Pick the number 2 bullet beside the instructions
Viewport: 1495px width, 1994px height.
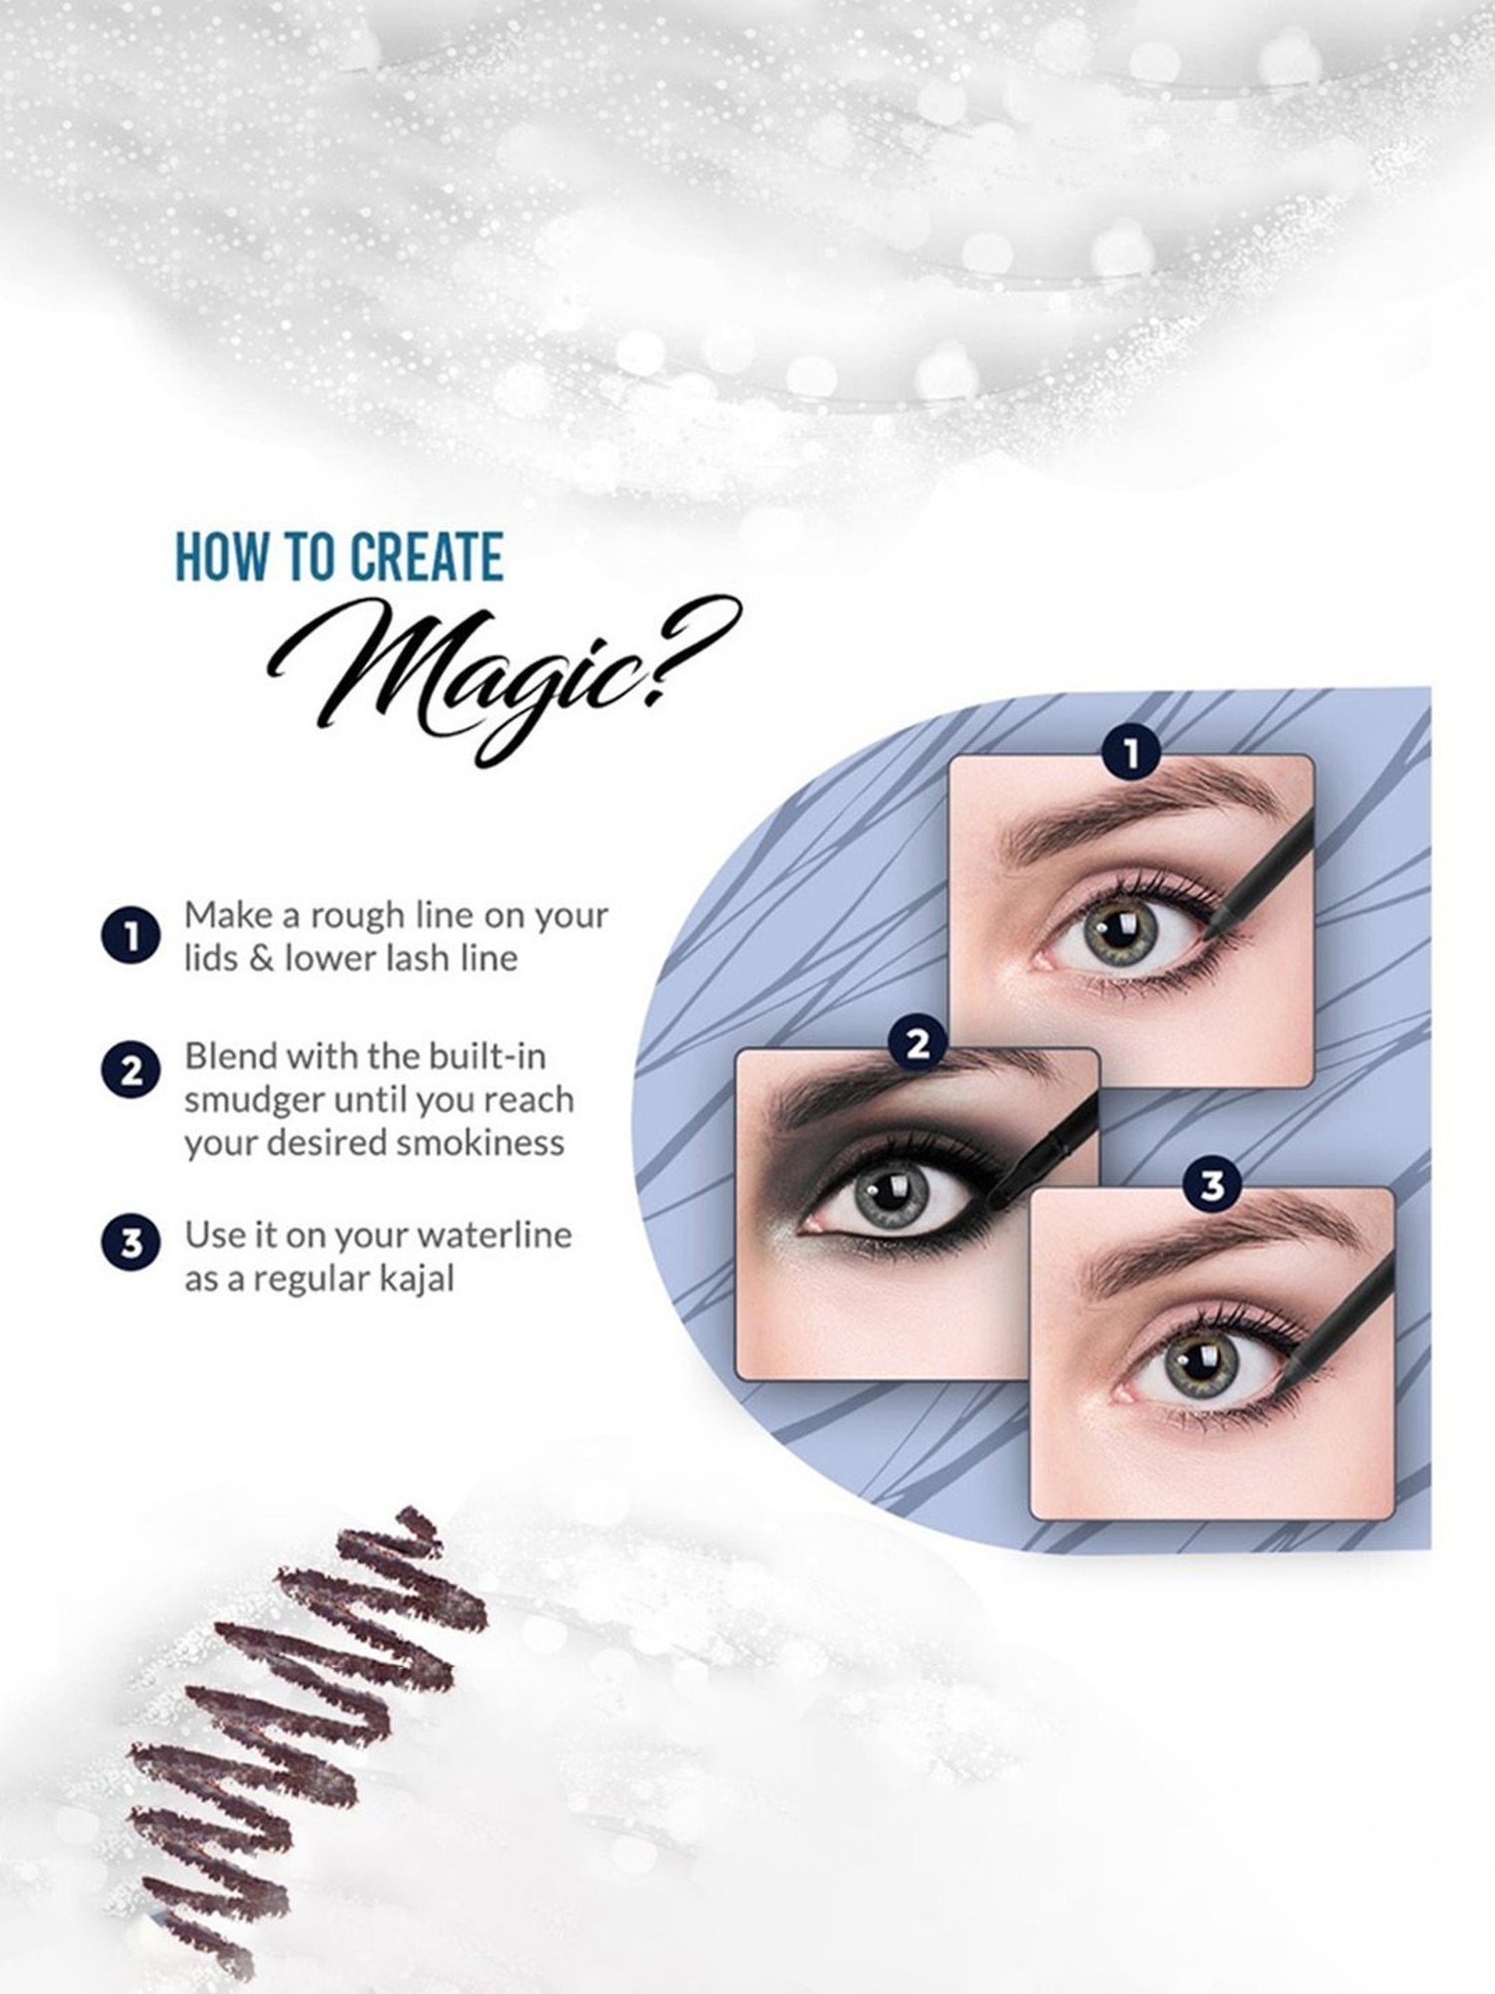(x=131, y=1073)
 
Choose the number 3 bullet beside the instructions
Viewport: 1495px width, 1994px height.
(x=131, y=1244)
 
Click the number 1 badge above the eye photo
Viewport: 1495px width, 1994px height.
(x=1130, y=754)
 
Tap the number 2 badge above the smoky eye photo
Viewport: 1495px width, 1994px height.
(x=918, y=1044)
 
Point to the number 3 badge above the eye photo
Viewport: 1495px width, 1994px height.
(x=1212, y=1186)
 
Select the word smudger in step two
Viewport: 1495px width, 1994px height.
(x=253, y=1100)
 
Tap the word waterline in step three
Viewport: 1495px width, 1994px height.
(x=494, y=1235)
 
